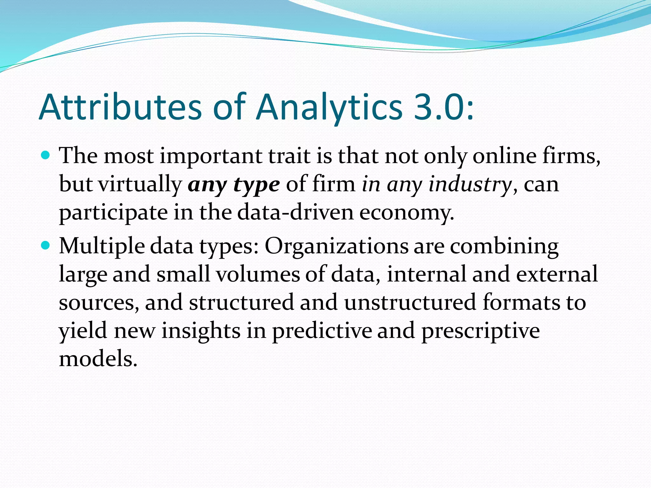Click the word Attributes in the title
(x=120, y=107)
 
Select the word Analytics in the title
(x=329, y=107)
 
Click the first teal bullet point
(x=46, y=156)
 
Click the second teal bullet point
(x=46, y=246)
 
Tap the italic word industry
(x=470, y=184)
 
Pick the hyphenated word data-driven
(x=295, y=212)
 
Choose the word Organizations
(x=336, y=247)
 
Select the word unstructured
(x=410, y=302)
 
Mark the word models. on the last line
(x=98, y=359)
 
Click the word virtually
(x=140, y=184)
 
